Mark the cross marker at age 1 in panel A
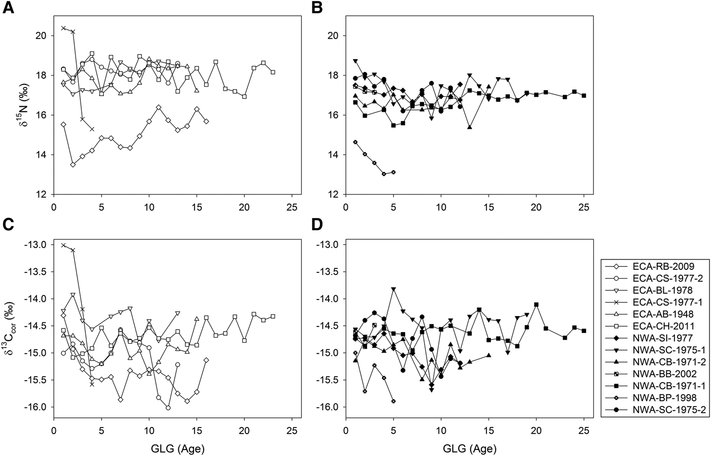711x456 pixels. click(63, 28)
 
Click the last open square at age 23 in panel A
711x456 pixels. click(273, 72)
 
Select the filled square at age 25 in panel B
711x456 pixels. click(584, 96)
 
